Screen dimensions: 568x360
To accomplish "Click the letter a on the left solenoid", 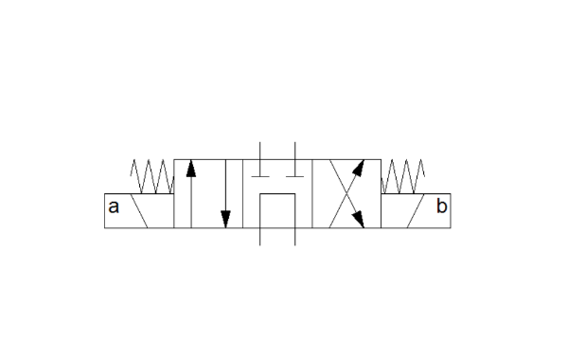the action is pos(114,207).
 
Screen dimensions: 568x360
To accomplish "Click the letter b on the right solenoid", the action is pos(441,206).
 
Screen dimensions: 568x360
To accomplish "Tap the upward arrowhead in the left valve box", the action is pos(191,169).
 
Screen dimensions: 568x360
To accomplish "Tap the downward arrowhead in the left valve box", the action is pos(225,220).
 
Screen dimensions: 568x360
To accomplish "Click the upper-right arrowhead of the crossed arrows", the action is pos(358,168).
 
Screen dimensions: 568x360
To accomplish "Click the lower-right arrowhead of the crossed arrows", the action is pos(358,219).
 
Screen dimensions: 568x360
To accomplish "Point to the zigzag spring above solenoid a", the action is pos(152,176).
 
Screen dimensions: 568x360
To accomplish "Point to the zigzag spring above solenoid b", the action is pos(403,176).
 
